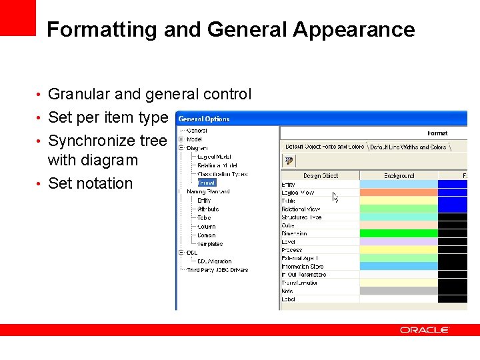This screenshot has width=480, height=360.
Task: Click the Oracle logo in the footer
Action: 425,330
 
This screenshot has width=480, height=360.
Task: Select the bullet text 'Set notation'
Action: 91,183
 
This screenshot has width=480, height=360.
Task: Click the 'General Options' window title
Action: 204,119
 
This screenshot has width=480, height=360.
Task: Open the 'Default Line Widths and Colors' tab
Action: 408,147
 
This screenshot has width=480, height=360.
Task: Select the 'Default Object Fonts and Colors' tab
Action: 325,147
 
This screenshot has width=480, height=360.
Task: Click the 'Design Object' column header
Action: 320,176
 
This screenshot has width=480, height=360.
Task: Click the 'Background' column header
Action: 399,176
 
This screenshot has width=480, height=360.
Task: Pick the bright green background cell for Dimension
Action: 399,234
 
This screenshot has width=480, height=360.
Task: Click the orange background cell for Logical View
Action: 399,193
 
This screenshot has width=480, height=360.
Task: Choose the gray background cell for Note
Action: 399,291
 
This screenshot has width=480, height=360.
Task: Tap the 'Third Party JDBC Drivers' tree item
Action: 217,270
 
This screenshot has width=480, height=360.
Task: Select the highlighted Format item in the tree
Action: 207,182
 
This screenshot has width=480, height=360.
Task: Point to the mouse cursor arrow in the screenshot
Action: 335,197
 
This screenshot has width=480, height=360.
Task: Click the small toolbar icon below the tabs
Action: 289,161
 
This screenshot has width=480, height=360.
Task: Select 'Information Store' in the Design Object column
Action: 303,266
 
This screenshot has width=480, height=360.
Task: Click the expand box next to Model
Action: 181,139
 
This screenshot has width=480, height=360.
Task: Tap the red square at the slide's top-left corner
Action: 18,17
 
